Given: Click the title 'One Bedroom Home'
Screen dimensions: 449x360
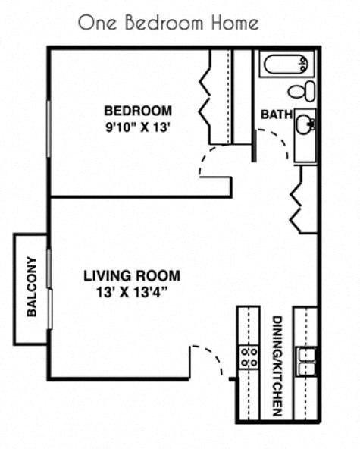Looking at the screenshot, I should [x=167, y=22].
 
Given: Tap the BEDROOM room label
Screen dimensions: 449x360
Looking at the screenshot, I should [x=138, y=110].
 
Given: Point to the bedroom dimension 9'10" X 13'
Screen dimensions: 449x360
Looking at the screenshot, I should [x=138, y=127].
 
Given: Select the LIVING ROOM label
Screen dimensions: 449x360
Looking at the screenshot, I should [x=132, y=276].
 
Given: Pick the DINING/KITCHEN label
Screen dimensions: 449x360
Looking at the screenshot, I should [x=277, y=366].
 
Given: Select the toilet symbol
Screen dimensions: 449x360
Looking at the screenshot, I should [x=303, y=91].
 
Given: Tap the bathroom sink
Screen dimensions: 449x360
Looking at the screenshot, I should [x=305, y=124].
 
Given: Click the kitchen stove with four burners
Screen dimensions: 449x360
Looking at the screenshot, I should [x=249, y=357].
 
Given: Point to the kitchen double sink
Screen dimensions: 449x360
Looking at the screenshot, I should [x=306, y=362].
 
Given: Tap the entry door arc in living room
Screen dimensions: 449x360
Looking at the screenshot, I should [x=204, y=357].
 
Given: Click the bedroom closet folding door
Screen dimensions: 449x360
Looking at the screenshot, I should [x=205, y=99].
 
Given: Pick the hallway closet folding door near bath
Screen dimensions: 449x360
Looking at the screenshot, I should [x=296, y=199].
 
